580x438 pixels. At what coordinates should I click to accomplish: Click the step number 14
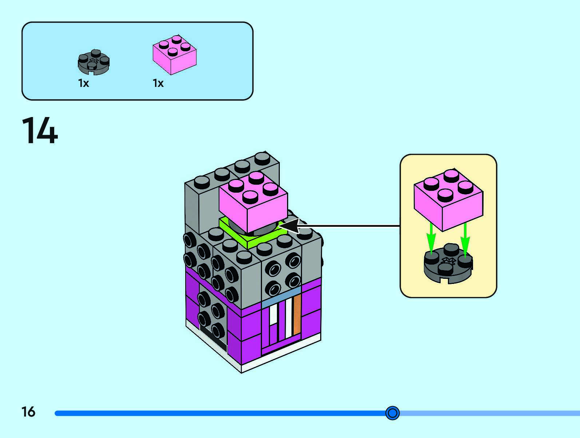coord(40,131)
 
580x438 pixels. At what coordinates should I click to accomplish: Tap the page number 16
coord(28,412)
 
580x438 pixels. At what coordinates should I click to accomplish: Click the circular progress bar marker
coord(392,413)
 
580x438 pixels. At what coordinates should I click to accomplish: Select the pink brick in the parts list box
coord(174,55)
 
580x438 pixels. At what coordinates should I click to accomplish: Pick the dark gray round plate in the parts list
coord(94,63)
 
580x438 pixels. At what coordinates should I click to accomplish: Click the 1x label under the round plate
coord(83,83)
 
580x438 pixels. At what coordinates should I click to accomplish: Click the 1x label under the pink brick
coord(158,83)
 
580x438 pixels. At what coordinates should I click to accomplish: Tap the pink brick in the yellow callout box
coord(448,200)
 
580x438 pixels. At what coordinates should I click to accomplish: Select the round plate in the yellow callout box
coord(448,265)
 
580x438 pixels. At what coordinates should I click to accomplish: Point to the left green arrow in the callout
coord(431,238)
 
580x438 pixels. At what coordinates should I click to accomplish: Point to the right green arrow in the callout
coord(465,238)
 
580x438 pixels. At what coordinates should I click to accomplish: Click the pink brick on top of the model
coord(254,204)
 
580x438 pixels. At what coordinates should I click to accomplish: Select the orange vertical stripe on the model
coord(297,315)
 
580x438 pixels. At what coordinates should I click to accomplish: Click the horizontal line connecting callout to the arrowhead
coord(349,226)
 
